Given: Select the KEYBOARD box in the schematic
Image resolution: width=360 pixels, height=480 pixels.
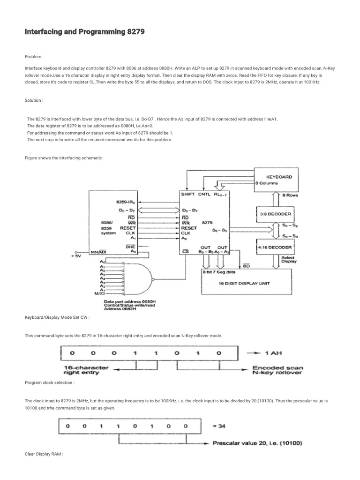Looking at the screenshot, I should pos(279,180).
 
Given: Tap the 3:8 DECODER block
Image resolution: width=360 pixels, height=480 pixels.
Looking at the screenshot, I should pos(275,214).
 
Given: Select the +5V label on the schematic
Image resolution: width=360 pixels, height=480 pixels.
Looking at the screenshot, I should pos(76,256).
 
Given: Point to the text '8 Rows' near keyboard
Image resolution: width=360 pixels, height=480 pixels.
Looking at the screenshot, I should pos(296,194).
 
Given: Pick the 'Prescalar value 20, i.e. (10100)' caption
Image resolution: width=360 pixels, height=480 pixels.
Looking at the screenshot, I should pos(257,442).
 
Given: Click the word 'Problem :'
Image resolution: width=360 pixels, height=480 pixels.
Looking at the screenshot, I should pos(34,56).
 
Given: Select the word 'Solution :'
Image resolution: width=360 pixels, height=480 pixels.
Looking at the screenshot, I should pos(34,100).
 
